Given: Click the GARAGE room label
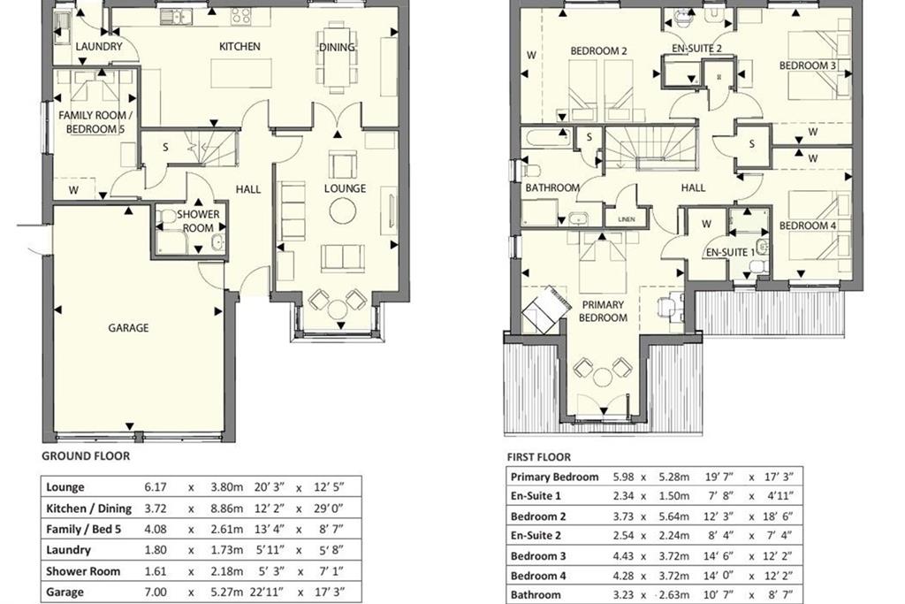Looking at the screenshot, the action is click(128, 328).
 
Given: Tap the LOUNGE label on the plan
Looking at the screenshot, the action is click(345, 188).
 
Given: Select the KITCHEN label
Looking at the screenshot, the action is click(240, 46).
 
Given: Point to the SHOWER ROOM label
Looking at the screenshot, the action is click(198, 220).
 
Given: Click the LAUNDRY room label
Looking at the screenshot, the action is click(99, 46).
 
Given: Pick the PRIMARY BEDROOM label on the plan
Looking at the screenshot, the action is click(603, 310).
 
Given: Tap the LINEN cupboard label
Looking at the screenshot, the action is click(627, 219).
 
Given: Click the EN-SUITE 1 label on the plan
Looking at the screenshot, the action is click(729, 252).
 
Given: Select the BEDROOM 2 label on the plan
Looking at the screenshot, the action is click(598, 50).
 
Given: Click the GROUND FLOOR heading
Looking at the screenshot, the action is click(86, 456).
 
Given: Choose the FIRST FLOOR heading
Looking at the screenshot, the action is click(538, 457).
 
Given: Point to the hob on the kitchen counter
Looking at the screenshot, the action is click(240, 16).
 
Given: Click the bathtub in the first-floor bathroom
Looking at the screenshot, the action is click(545, 138).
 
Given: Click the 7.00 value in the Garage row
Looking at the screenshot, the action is click(156, 592).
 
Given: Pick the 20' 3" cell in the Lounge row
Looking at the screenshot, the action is click(270, 486).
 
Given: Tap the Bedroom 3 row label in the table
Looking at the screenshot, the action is click(538, 556).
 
